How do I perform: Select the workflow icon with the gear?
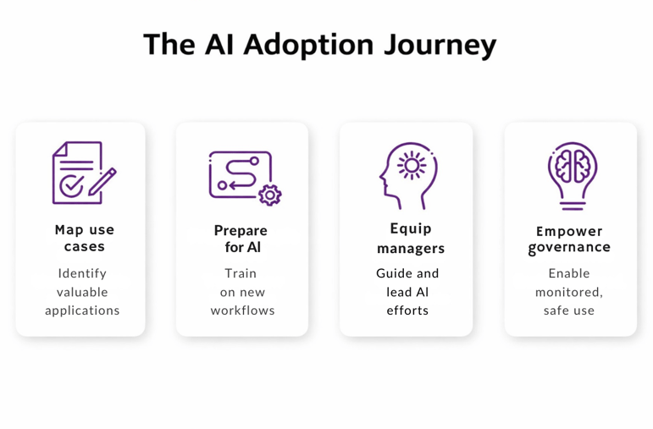[x=244, y=177]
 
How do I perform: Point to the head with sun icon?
[x=407, y=175]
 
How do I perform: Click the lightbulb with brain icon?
[x=572, y=175]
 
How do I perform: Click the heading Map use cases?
[x=84, y=238]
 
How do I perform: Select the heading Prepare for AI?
[x=241, y=239]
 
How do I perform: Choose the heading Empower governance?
[x=569, y=239]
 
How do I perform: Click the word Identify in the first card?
[x=82, y=273]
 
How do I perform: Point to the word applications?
[x=82, y=311]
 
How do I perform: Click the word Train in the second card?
[x=241, y=273]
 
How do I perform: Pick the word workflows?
[x=242, y=311]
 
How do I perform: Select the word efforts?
[x=407, y=311]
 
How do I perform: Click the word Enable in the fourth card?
[x=569, y=273]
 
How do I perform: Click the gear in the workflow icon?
[x=269, y=195]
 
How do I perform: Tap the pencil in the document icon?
[x=102, y=180]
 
